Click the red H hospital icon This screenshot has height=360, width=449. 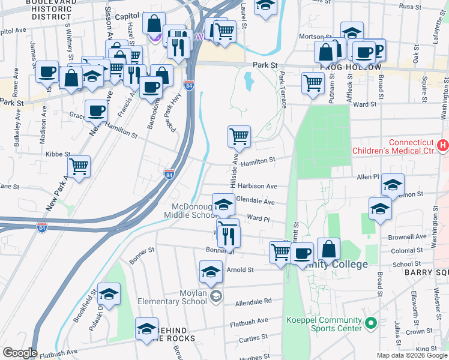(x=443, y=145)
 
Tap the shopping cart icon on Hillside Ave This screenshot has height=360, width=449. (x=239, y=137)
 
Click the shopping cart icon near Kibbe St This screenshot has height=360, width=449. (x=79, y=167)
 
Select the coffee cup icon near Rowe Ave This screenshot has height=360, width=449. (x=47, y=73)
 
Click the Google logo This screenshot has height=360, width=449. (x=20, y=353)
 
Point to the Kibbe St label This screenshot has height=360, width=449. (x=58, y=154)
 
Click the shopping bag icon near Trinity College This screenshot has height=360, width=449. (x=329, y=249)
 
